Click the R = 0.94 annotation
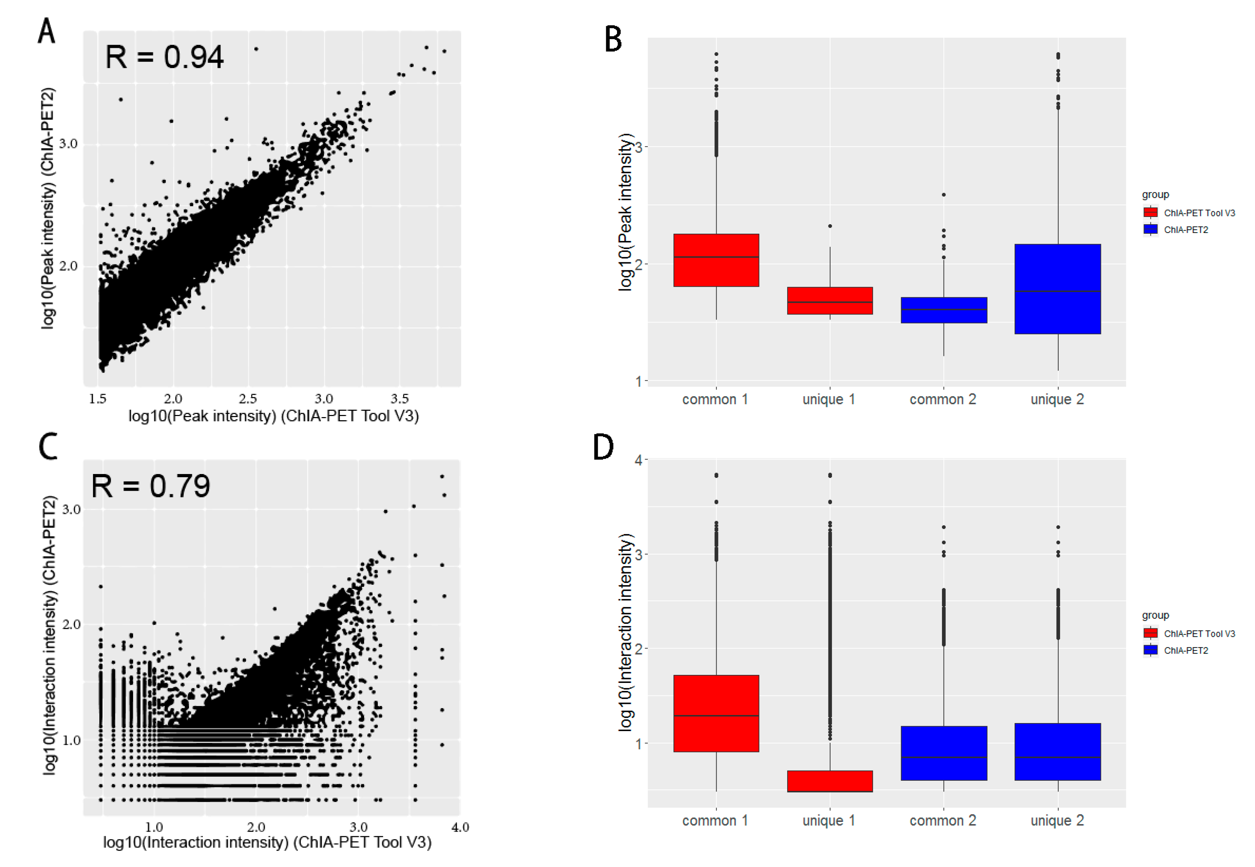coord(164,57)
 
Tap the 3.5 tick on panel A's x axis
coord(399,399)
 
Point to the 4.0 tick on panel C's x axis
coord(460,827)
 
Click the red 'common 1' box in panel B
coord(716,260)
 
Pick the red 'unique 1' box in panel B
coord(829,300)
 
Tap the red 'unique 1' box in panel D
coord(829,781)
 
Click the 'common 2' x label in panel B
coord(943,399)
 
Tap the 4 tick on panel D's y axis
coord(638,460)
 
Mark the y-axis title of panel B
coord(625,212)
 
